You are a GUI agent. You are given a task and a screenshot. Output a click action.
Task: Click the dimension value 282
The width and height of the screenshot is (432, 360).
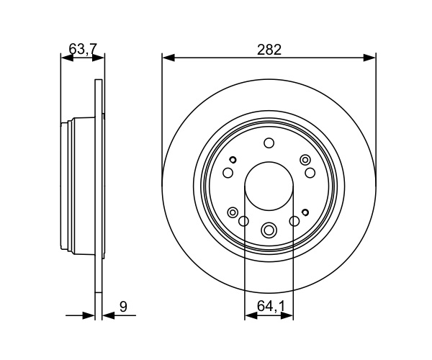tap(269, 50)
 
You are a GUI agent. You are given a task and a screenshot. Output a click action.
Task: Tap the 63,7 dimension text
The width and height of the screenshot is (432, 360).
tap(83, 50)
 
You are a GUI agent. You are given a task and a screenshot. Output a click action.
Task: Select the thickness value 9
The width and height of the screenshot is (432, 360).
tap(123, 307)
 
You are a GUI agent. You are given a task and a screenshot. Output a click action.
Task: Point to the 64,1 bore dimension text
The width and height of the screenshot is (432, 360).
tap(271, 306)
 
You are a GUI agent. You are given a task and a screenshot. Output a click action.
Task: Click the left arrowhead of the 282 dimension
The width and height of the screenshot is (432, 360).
tap(168, 58)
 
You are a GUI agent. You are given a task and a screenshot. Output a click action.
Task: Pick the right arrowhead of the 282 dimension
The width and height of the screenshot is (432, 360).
tap(370, 58)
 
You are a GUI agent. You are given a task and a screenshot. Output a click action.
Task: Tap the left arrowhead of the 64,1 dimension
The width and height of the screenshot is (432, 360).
tap(251, 315)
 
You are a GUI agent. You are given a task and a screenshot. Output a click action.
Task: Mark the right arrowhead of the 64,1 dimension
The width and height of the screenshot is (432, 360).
tap(287, 315)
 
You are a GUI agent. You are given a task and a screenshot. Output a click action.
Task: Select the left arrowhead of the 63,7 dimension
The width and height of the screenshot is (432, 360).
tap(67, 58)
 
